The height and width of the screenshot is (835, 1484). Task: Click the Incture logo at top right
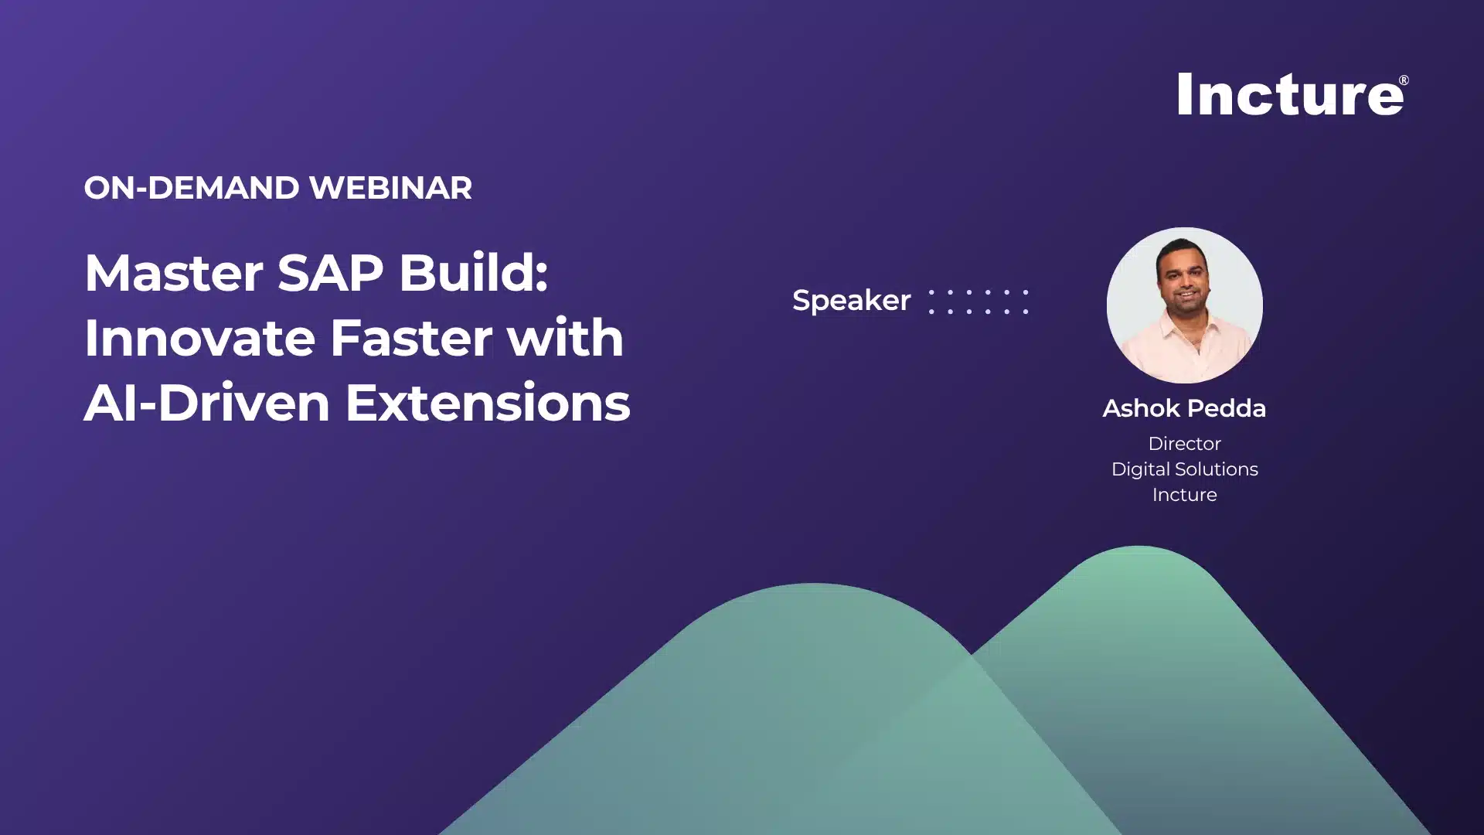(x=1289, y=95)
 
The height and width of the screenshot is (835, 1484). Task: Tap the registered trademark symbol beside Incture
(x=1404, y=80)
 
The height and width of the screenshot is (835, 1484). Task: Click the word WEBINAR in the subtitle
(x=390, y=188)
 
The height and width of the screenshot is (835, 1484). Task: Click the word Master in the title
(x=173, y=273)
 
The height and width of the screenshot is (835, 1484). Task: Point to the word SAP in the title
(x=330, y=273)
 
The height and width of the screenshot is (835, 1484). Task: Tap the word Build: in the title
(x=473, y=273)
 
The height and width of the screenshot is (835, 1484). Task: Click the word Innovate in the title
(x=199, y=338)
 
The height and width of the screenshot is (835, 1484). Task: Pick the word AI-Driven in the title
(x=206, y=403)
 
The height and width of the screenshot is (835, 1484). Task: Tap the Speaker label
(x=851, y=301)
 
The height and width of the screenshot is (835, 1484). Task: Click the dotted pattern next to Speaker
(x=979, y=302)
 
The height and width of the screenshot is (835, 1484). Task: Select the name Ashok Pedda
(x=1184, y=408)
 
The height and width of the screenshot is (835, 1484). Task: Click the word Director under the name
(x=1184, y=444)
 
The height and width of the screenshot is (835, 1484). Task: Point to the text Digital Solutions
(x=1184, y=469)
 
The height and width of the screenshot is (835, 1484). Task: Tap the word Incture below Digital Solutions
(x=1184, y=495)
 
